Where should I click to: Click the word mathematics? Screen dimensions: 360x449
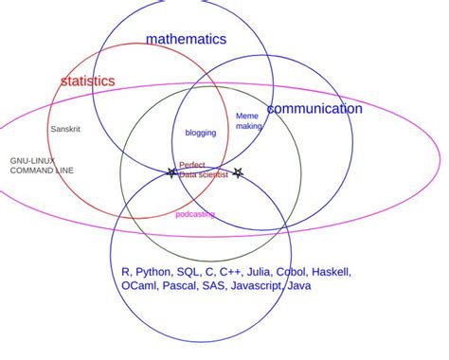pyautogui.click(x=186, y=39)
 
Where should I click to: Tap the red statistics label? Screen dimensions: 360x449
pyautogui.click(x=87, y=81)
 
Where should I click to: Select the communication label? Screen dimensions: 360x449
pyautogui.click(x=314, y=109)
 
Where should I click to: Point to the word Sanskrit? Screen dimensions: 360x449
pyautogui.click(x=65, y=128)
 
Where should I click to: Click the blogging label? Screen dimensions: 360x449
pyautogui.click(x=200, y=133)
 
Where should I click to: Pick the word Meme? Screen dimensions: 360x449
pyautogui.click(x=246, y=116)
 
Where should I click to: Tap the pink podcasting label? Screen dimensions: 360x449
pyautogui.click(x=195, y=214)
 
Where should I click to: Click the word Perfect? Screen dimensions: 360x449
pyautogui.click(x=192, y=165)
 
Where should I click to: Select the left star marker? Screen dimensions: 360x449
pyautogui.click(x=171, y=172)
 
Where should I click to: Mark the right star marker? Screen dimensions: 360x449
pyautogui.click(x=238, y=172)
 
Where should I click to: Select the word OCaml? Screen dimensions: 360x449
pyautogui.click(x=140, y=286)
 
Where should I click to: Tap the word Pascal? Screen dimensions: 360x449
pyautogui.click(x=179, y=286)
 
